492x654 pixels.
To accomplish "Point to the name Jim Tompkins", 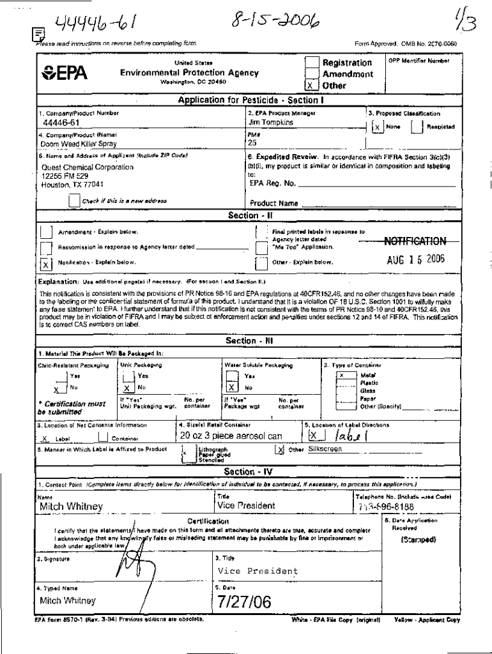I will point(271,122).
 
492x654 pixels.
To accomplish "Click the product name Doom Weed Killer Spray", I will point(75,144).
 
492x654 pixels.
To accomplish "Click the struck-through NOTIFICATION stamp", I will point(415,241).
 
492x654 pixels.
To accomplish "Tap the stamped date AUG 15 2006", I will point(415,260).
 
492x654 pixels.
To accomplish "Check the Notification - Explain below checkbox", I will point(46,262).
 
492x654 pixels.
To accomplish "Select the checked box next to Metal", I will point(343,376).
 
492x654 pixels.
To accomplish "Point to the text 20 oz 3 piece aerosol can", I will point(231,436).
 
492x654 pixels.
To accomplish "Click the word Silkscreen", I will point(325,449).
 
